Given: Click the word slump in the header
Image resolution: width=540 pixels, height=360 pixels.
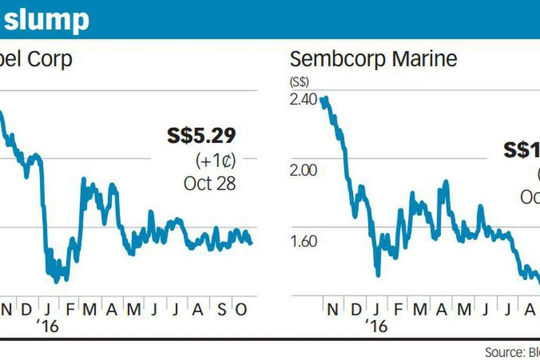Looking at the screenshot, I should click(x=46, y=19).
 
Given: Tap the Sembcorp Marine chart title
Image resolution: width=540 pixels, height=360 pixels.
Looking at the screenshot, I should click(x=373, y=59).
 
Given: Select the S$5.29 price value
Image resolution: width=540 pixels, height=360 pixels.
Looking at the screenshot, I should click(x=201, y=136).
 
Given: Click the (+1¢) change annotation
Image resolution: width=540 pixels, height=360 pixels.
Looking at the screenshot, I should click(x=216, y=161).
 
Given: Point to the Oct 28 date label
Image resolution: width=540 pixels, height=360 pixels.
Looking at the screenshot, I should click(x=209, y=183).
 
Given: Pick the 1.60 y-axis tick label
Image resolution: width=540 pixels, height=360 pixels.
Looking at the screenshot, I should click(x=302, y=242).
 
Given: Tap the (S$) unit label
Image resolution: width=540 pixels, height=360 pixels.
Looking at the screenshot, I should click(x=299, y=81).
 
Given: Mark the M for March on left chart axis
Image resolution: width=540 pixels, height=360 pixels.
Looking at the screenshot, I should click(x=90, y=310).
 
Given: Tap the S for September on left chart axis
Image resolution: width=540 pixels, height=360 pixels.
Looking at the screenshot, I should click(x=221, y=310).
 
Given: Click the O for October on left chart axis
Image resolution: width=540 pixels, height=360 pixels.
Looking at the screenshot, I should click(x=241, y=310).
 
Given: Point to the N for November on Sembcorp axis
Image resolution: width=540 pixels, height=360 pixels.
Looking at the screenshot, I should click(x=333, y=310).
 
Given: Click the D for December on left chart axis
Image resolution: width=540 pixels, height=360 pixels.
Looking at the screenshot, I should click(x=27, y=310).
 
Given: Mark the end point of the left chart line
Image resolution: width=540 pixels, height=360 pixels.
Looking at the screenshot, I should click(x=251, y=243).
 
